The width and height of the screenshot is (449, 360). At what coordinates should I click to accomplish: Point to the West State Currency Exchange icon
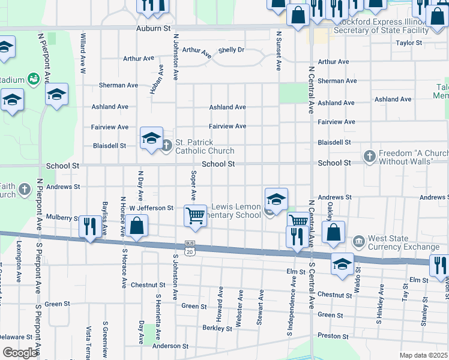tap(358, 242)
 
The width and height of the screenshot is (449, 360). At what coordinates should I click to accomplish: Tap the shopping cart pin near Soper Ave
tap(195, 216)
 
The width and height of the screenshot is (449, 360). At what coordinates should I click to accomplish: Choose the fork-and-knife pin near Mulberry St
tap(90, 226)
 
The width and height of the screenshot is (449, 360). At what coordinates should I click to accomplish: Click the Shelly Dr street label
tap(231, 50)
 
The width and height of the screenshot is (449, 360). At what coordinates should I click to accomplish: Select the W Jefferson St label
tap(151, 208)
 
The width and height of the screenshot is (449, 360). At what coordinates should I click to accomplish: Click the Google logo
tap(20, 353)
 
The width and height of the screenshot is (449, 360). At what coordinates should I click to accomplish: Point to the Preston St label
tap(333, 336)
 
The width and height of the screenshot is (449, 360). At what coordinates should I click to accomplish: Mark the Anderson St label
tap(170, 346)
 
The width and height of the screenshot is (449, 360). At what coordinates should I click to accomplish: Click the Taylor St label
tap(409, 43)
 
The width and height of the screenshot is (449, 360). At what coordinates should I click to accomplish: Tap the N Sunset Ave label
tap(279, 51)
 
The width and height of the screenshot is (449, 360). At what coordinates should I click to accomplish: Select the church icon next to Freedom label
tap(370, 157)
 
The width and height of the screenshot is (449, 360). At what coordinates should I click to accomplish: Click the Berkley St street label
tap(217, 329)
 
